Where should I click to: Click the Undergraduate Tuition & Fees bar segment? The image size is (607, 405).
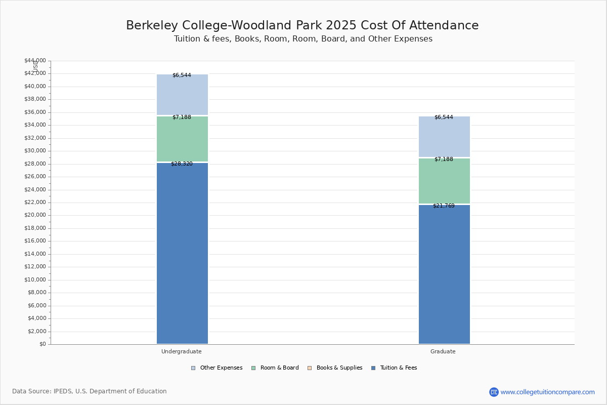pos(182,253)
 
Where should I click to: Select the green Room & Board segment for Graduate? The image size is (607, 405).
pos(444,181)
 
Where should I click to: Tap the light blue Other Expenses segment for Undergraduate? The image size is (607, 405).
pos(182,95)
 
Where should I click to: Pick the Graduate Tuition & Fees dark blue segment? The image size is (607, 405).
pos(444,274)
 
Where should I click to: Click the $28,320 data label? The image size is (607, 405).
pos(182,164)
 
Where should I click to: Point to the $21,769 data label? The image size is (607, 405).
pos(444,206)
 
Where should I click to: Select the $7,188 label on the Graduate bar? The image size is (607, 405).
pos(444,159)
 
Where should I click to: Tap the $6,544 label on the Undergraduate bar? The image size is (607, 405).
pos(182,75)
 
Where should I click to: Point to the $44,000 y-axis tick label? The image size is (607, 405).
pos(35,61)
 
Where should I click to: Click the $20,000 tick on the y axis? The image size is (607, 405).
pos(35,215)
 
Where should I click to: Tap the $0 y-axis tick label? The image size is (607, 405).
pos(42,344)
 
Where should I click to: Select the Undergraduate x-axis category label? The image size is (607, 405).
pos(182,351)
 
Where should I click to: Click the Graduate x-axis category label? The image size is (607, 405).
pos(443,351)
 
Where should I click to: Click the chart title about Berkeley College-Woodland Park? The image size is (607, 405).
pos(302,26)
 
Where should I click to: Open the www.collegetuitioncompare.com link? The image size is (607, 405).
pos(547,392)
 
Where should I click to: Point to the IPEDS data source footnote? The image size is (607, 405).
pos(90,391)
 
